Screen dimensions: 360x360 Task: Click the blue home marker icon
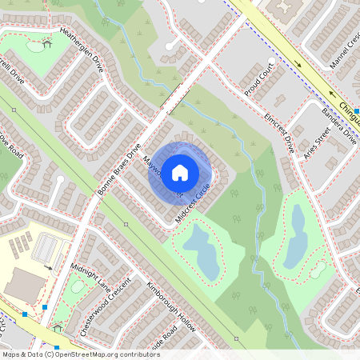pyautogui.click(x=180, y=172)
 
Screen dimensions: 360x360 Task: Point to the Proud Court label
pyautogui.click(x=259, y=78)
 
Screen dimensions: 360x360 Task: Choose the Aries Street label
pyautogui.click(x=318, y=148)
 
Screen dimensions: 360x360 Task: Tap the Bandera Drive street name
pyautogui.click(x=339, y=126)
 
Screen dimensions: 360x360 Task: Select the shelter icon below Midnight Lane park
pyautogui.click(x=57, y=327)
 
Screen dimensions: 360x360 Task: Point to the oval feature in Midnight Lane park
pyautogui.click(x=78, y=286)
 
